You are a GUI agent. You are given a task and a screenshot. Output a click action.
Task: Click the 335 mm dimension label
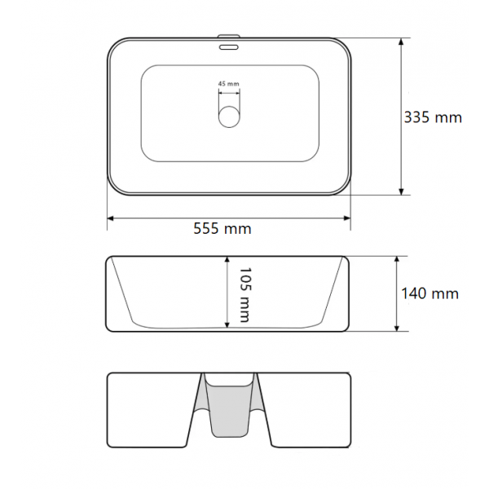(x=433, y=117)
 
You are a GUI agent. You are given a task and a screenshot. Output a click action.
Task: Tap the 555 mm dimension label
(x=222, y=228)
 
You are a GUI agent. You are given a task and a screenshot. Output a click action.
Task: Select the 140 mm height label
(x=430, y=293)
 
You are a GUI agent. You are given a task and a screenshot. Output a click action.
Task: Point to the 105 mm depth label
(x=244, y=294)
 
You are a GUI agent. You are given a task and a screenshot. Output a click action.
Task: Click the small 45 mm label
(x=228, y=84)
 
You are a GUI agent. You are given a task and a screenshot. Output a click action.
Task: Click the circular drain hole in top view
(x=229, y=117)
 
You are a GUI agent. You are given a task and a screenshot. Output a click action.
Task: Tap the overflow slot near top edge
(x=229, y=47)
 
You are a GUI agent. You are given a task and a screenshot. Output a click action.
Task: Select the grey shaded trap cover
(x=229, y=405)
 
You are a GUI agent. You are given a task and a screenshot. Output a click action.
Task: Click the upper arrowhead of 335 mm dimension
(x=401, y=42)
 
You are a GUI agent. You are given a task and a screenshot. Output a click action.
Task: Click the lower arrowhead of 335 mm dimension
(x=401, y=192)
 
